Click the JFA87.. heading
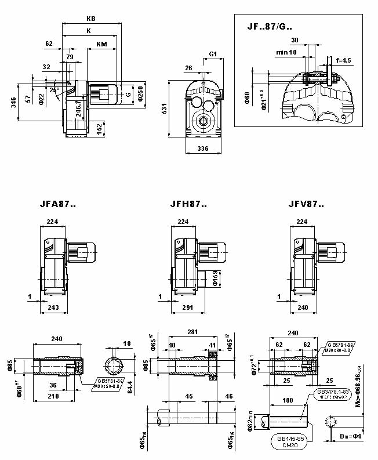pyautogui.click(x=57, y=204)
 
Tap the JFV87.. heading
pyautogui.click(x=307, y=204)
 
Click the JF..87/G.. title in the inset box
pyautogui.click(x=270, y=26)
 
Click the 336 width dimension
pyautogui.click(x=202, y=149)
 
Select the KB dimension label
pyautogui.click(x=90, y=19)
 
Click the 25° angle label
pyautogui.click(x=54, y=90)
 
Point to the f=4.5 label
pyautogui.click(x=343, y=60)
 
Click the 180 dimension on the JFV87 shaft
pyautogui.click(x=288, y=400)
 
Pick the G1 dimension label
pyautogui.click(x=213, y=54)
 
